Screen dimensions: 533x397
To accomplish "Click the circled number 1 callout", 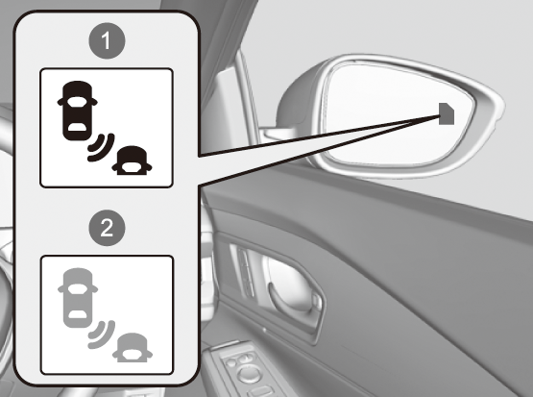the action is (107, 40).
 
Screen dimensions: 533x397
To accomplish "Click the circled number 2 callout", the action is (107, 228).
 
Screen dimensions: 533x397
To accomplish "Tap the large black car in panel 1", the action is (78, 111).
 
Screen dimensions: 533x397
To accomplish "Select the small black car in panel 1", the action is (133, 161).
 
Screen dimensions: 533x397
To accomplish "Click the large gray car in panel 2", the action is (78, 298).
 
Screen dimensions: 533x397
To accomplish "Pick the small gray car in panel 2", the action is (133, 348).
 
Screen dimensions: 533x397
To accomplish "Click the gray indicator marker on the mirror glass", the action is (447, 113).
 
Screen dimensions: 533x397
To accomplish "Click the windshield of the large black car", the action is (77, 101).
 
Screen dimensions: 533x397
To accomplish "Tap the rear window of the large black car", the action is (78, 128).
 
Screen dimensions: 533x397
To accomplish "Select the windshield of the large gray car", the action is (77, 288).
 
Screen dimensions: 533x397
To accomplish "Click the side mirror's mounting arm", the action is (277, 134).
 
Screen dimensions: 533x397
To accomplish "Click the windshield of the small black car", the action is (133, 167).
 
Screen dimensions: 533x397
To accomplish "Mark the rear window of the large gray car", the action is (78, 314).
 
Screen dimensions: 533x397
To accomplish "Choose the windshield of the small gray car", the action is (133, 354).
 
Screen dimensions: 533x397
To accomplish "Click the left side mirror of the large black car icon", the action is (61, 102).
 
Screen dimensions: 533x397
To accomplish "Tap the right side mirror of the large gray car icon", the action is (94, 288).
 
